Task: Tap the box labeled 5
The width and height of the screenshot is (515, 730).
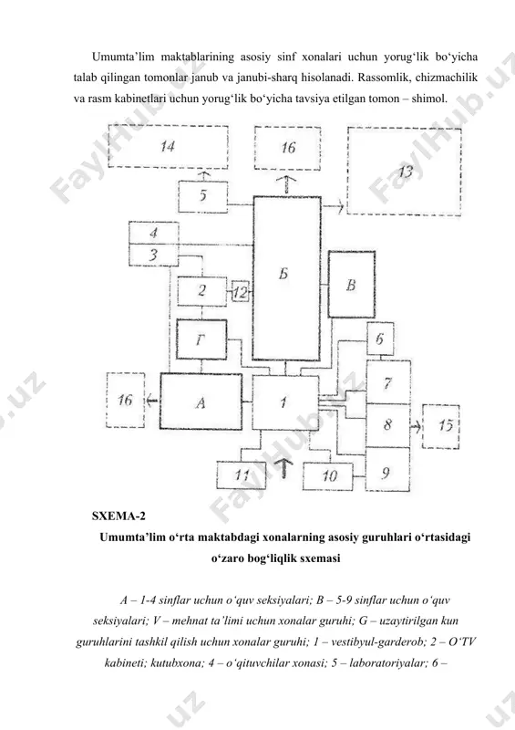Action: point(203,197)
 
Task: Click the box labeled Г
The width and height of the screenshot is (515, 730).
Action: point(201,339)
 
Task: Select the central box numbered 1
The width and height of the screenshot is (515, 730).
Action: point(285,402)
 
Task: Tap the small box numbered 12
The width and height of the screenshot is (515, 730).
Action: point(240,292)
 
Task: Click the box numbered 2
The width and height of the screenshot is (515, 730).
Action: point(202,291)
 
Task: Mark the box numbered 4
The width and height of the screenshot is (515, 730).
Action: point(153,233)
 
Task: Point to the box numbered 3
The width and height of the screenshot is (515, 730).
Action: point(153,255)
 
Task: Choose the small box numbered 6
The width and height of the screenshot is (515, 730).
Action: point(380,339)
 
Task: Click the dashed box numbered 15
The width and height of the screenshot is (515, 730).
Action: point(440,426)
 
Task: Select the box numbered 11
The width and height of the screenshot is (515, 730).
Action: point(241,475)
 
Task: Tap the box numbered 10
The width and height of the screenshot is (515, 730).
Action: point(327,476)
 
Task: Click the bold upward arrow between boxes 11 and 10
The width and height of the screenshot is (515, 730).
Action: point(284,467)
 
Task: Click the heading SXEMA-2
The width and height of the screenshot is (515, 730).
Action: point(118,516)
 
